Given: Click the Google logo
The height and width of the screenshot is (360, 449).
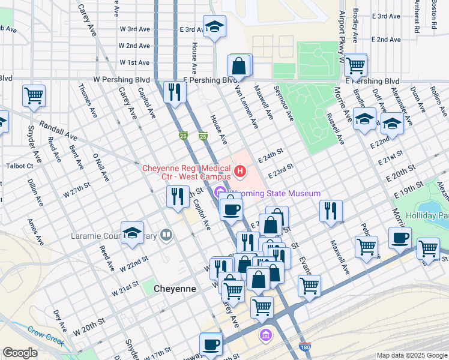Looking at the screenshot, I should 20,353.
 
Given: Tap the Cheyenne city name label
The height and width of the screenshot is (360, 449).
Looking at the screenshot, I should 175,289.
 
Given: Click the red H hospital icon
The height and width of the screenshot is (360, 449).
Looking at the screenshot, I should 240,173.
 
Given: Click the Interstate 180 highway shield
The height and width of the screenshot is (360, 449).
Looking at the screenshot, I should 304,347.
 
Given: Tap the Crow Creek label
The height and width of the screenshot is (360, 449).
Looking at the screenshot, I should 46,335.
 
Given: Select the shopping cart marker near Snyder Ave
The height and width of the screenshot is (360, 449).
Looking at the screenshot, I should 34,95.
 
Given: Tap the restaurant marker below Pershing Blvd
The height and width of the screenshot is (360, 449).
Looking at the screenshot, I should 175,92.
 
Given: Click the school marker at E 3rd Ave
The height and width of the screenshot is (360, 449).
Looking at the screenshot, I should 214,26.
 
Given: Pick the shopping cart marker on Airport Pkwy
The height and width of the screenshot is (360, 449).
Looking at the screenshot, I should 355,64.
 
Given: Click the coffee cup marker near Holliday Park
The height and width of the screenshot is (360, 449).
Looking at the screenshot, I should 400,238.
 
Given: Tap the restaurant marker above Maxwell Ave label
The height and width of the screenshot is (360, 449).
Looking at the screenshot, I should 330,211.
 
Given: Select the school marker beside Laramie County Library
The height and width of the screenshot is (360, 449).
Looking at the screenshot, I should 132,233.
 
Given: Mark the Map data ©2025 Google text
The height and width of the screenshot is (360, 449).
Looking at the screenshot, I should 412,355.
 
